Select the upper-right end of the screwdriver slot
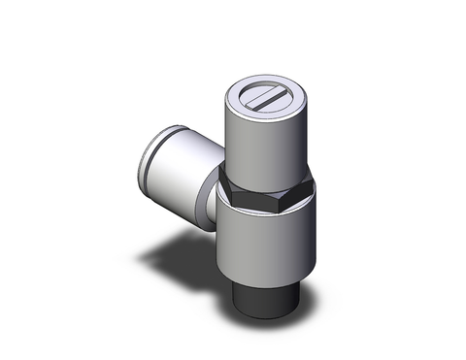[283, 91]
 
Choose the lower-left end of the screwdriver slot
[252, 105]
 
